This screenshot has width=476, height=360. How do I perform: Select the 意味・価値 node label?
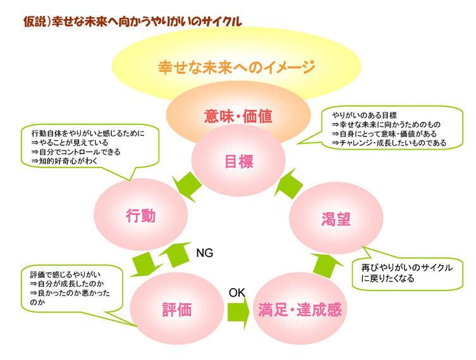coord(238,115)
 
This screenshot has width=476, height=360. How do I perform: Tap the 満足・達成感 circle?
coord(300,309)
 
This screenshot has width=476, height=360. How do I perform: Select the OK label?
coord(236,292)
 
